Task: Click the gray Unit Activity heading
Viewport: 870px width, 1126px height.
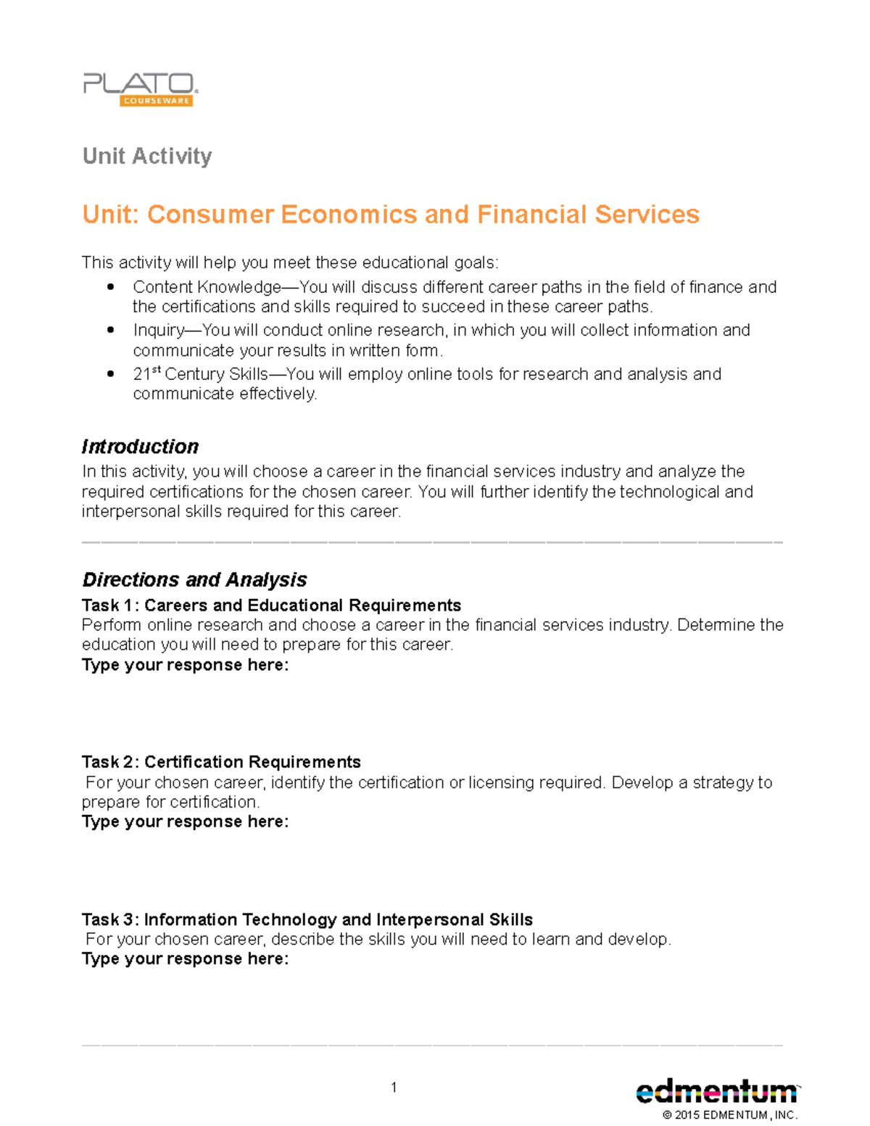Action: [x=147, y=156]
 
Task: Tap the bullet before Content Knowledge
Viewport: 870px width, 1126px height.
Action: [x=110, y=287]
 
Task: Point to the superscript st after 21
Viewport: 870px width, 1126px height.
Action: [x=156, y=370]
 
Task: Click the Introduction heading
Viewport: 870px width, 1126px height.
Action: [x=140, y=447]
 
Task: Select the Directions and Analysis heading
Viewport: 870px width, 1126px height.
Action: [x=194, y=580]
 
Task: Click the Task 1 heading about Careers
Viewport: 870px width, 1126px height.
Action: [x=271, y=605]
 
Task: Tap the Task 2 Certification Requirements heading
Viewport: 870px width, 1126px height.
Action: [x=221, y=762]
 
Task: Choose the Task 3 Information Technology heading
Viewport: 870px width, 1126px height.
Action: [x=307, y=919]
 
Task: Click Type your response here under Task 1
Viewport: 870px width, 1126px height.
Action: [x=185, y=665]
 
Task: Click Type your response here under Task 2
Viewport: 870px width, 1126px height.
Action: [x=185, y=821]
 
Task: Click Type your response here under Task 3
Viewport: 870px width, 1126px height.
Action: [x=185, y=959]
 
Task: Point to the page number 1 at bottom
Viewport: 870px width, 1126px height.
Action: [x=394, y=1087]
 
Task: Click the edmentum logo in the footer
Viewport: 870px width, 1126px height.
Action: [x=716, y=1091]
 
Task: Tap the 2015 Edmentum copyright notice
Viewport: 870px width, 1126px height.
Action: [x=729, y=1115]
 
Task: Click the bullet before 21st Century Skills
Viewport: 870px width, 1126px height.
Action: [x=110, y=374]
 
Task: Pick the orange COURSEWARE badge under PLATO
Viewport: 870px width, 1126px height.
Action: [x=156, y=101]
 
